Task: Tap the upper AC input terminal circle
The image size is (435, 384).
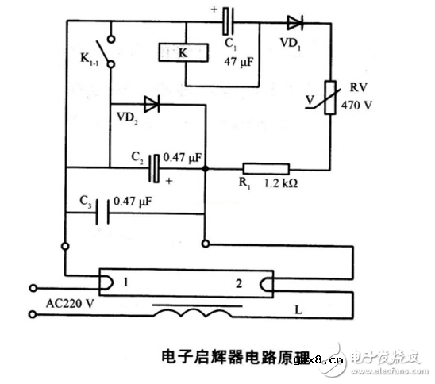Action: point(33,286)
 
